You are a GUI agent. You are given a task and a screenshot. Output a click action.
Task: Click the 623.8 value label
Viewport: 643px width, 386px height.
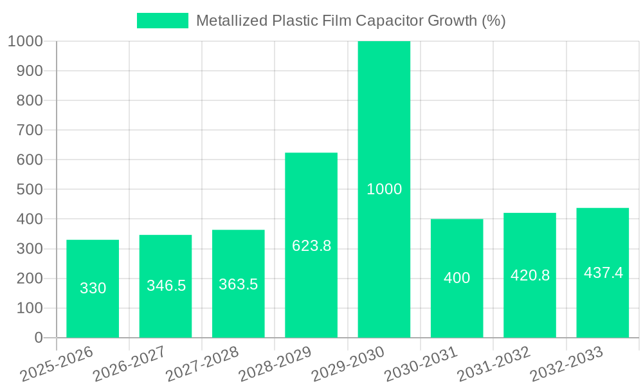pos(311,246)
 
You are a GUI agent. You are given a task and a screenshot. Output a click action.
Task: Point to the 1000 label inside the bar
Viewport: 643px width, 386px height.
pos(384,189)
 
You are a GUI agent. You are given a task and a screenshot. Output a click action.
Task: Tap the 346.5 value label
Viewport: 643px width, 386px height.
pos(166,286)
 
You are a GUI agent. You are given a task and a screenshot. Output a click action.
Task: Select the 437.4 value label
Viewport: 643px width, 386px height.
pos(603,273)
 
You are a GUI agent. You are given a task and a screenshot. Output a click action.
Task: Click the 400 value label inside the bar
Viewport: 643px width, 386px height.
pos(457,278)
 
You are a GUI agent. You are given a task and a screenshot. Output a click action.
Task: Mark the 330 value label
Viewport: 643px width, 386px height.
pos(93,288)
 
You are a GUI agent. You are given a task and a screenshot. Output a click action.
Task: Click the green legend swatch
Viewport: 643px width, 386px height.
pos(163,21)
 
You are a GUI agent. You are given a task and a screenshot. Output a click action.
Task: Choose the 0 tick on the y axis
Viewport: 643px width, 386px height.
pos(38,338)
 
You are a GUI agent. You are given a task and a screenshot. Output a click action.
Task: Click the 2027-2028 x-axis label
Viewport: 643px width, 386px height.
pos(203,364)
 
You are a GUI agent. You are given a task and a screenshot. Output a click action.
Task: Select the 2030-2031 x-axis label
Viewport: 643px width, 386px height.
pos(421,364)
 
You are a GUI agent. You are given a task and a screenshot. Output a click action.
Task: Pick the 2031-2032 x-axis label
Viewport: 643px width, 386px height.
pos(494,364)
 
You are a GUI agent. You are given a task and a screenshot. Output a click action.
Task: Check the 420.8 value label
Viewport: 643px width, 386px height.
pos(530,275)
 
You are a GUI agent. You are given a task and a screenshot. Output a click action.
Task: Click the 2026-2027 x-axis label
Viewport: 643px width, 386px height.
pos(130,364)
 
